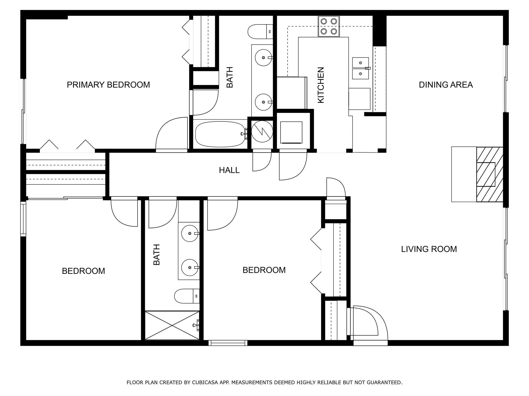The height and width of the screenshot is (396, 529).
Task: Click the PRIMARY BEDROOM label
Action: click(x=108, y=85)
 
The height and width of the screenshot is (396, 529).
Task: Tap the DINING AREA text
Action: click(x=446, y=85)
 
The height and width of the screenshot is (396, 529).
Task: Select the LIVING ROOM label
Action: click(x=429, y=249)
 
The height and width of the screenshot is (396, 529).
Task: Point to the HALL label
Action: click(x=229, y=170)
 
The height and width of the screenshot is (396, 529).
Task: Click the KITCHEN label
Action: click(x=321, y=85)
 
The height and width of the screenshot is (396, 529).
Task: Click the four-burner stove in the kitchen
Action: click(x=329, y=26)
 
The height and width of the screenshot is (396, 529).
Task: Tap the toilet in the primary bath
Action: click(x=260, y=32)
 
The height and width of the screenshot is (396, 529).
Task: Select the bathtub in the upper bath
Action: click(x=220, y=134)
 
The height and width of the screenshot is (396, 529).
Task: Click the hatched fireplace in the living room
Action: click(x=489, y=174)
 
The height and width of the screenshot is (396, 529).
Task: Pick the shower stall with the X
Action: click(x=172, y=325)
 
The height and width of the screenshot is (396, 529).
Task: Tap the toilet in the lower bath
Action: click(x=187, y=296)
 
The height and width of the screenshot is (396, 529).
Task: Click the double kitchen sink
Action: click(x=361, y=68)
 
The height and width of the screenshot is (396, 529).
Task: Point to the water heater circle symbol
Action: click(x=262, y=131)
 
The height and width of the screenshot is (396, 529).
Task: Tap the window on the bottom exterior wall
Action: click(x=228, y=343)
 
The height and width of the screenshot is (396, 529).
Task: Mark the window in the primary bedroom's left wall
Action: click(x=23, y=111)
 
